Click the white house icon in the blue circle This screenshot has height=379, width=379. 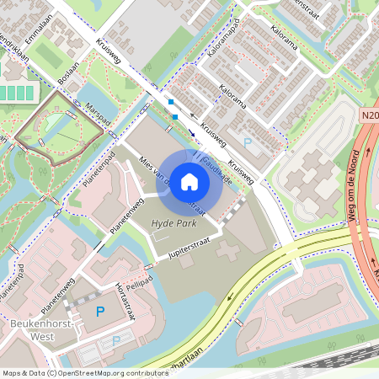click(189, 182)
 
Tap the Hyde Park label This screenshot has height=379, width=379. click(173, 223)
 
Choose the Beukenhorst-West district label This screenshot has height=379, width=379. click(32, 329)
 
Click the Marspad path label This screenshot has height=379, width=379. click(98, 115)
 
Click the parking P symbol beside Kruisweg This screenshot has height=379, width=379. click(247, 143)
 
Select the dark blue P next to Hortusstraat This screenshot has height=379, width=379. click(100, 312)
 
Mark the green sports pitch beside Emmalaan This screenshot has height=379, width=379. click(51, 56)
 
